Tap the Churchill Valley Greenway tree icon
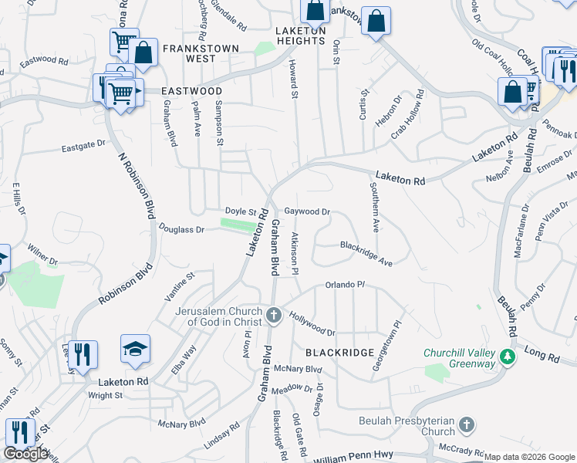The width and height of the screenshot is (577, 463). [x=508, y=357]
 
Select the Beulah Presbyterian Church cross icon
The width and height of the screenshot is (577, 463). [x=466, y=425]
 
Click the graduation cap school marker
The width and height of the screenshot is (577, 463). [x=135, y=350]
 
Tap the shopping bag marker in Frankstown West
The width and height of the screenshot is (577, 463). [x=143, y=53]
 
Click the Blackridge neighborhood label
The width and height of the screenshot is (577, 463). [x=340, y=352]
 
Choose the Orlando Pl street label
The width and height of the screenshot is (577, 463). [x=345, y=285]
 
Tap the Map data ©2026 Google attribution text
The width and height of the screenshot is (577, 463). [x=529, y=457]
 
